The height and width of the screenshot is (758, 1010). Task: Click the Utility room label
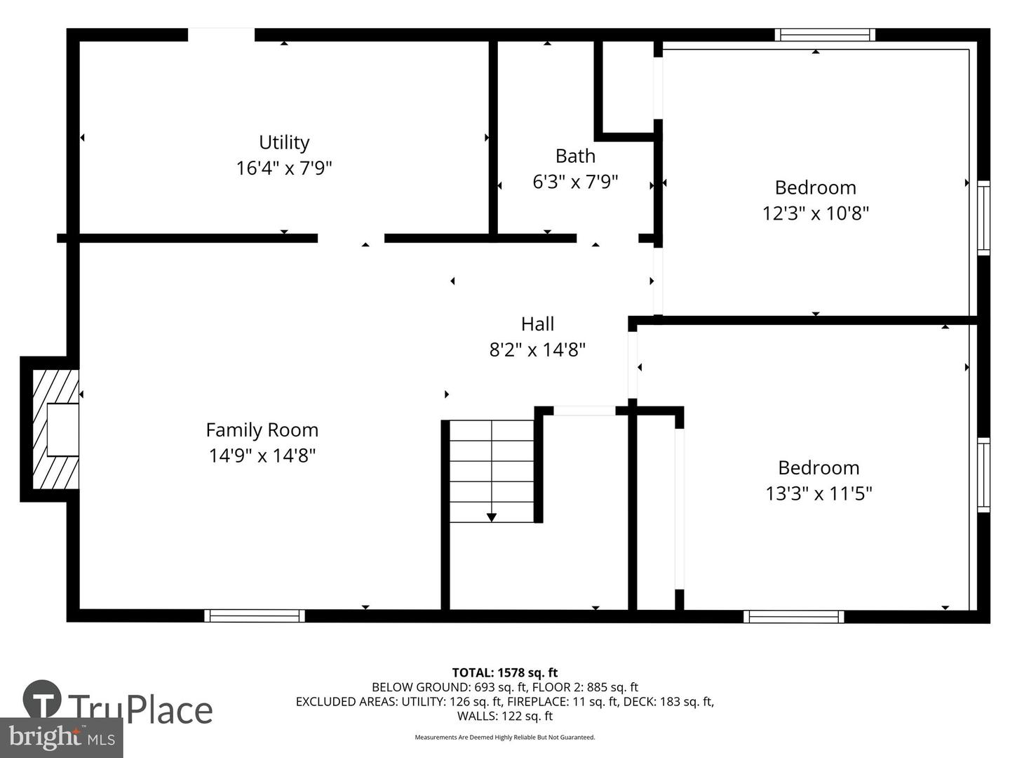pyautogui.click(x=284, y=142)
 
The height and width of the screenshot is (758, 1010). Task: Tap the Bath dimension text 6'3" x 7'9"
pyautogui.click(x=574, y=182)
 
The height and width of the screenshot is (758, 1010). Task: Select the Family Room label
pyautogui.click(x=262, y=430)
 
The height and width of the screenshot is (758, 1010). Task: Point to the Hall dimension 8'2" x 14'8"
pyautogui.click(x=537, y=350)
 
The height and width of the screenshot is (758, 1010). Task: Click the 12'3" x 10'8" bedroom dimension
pyautogui.click(x=815, y=213)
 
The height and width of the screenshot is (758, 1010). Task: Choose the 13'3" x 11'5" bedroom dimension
pyautogui.click(x=819, y=494)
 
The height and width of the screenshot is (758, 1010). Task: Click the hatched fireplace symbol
pyautogui.click(x=55, y=429)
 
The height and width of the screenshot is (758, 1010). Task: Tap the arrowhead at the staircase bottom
pyautogui.click(x=492, y=518)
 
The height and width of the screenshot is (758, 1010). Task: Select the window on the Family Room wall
pyautogui.click(x=255, y=616)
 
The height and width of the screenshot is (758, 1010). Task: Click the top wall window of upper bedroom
pyautogui.click(x=825, y=35)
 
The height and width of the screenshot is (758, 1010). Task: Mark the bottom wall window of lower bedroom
pyautogui.click(x=794, y=617)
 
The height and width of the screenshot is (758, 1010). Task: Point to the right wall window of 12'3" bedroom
pyautogui.click(x=983, y=218)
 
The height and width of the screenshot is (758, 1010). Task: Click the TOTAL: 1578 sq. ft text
pyautogui.click(x=505, y=673)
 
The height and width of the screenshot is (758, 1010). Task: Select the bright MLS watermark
pyautogui.click(x=61, y=737)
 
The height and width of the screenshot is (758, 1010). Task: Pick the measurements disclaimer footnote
pyautogui.click(x=505, y=737)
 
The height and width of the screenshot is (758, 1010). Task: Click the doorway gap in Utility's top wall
pyautogui.click(x=222, y=34)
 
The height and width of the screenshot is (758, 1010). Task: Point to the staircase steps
pyautogui.click(x=492, y=471)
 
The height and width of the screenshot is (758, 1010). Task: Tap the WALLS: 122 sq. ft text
pyautogui.click(x=505, y=716)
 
